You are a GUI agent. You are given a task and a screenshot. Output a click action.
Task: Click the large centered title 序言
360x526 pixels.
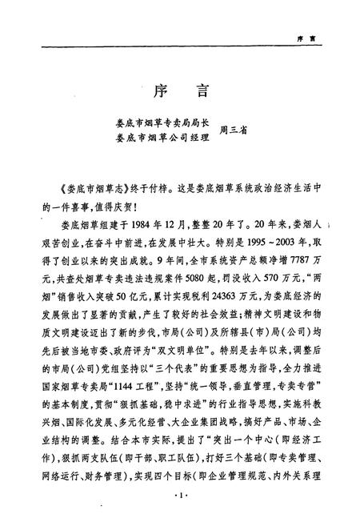(x=179, y=90)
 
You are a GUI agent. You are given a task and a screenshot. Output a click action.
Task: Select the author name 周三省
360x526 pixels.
(x=233, y=131)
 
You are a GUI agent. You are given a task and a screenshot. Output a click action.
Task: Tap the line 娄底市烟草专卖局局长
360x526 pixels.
(x=163, y=124)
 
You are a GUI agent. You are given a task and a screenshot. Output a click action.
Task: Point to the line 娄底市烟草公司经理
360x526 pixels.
(x=163, y=139)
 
